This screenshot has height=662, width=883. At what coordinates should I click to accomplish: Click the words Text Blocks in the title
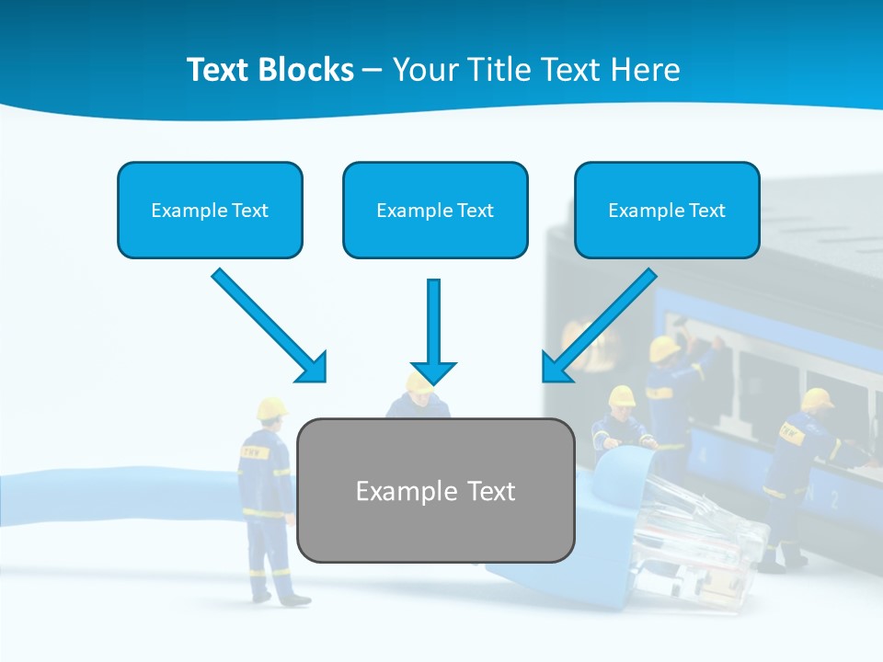(x=269, y=70)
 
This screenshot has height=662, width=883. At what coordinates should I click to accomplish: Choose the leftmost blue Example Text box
(x=210, y=210)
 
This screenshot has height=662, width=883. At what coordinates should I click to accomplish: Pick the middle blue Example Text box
(x=435, y=210)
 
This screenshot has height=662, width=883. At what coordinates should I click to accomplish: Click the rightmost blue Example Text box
(x=667, y=210)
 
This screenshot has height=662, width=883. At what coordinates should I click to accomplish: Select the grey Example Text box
(x=436, y=490)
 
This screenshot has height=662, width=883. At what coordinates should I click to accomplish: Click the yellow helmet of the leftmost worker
(x=271, y=407)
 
